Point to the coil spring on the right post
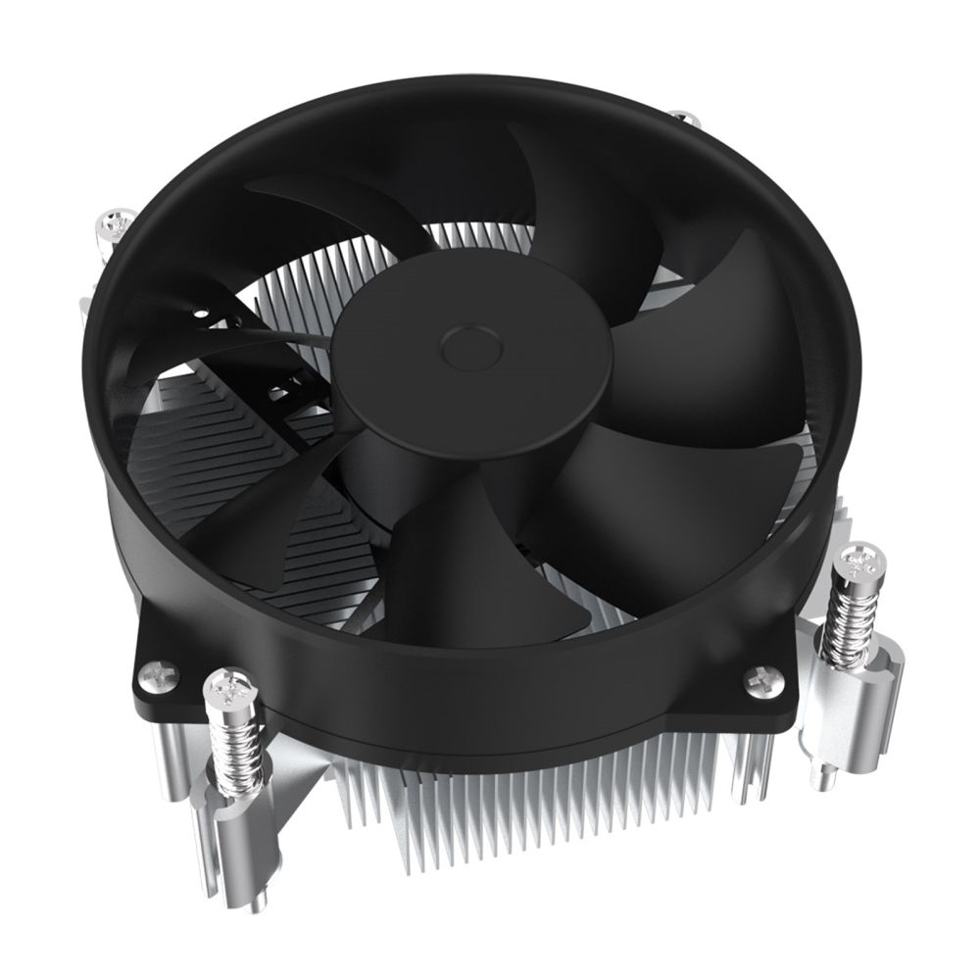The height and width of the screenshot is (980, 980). pyautogui.click(x=848, y=618)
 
